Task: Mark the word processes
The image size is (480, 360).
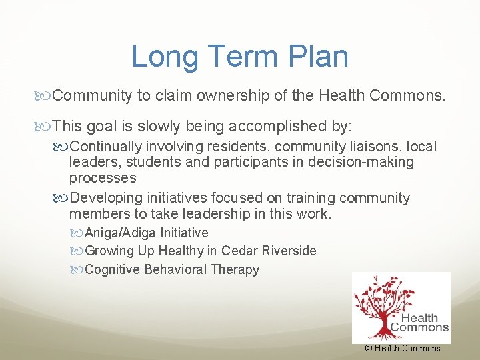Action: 103,178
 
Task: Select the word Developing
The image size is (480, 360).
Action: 103,198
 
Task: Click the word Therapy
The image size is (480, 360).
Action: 234,269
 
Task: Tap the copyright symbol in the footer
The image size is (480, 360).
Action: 369,348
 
